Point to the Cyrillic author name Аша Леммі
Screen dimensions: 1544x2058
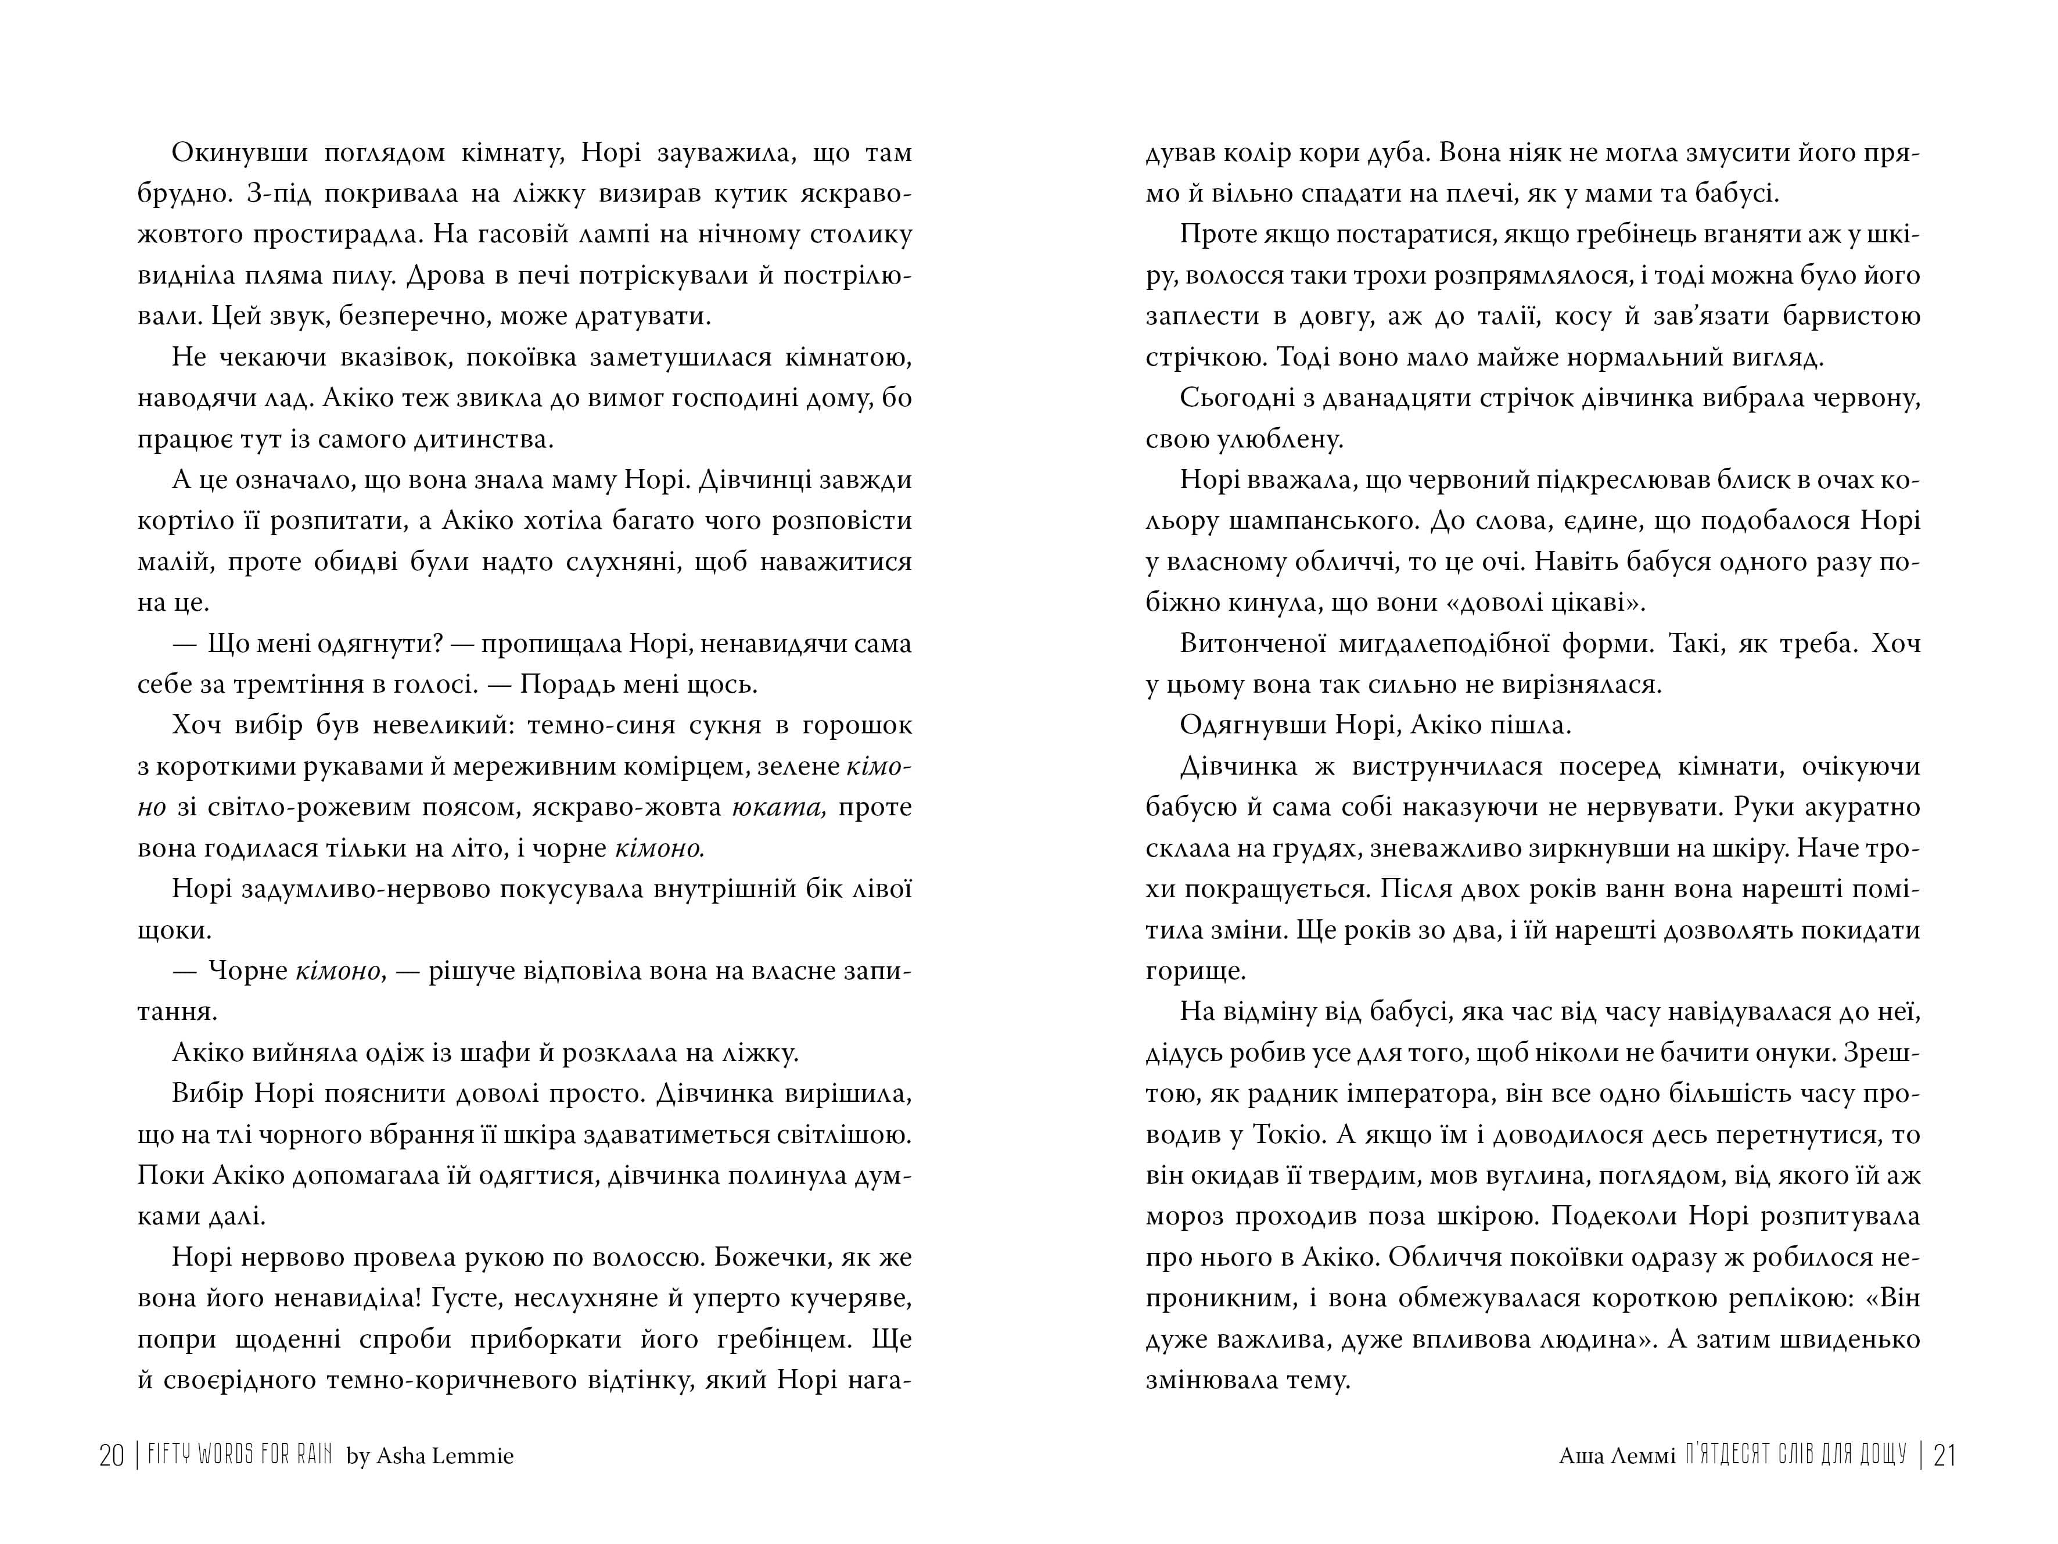(x=1617, y=1456)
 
